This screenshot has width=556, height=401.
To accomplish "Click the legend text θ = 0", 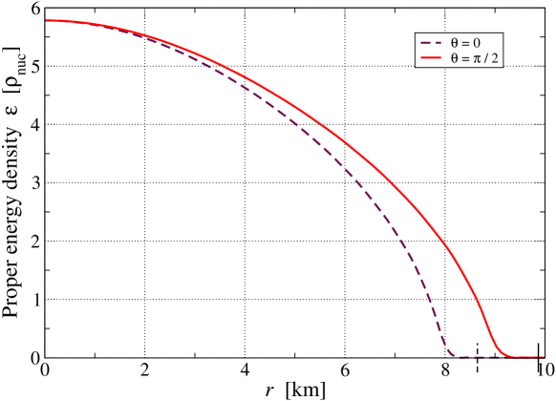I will pyautogui.click(x=465, y=44).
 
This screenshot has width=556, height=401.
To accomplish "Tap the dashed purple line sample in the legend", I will pyautogui.click(x=431, y=44).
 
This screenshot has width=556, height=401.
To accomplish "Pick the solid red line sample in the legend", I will pyautogui.click(x=431, y=59).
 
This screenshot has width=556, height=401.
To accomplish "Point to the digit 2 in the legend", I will pyautogui.click(x=496, y=59).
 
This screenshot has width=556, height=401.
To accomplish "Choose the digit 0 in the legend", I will pyautogui.click(x=476, y=44).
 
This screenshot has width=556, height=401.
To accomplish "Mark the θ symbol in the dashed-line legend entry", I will pyautogui.click(x=455, y=44).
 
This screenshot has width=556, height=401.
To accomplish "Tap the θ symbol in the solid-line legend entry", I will pyautogui.click(x=455, y=59).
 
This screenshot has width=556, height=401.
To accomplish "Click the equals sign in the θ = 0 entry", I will pyautogui.click(x=465, y=44).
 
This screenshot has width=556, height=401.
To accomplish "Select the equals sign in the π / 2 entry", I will pyautogui.click(x=465, y=59).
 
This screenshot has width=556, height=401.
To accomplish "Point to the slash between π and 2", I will pyautogui.click(x=487, y=59).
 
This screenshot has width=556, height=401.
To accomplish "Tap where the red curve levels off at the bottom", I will pyautogui.click(x=507, y=356).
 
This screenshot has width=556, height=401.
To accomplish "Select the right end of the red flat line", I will pyautogui.click(x=543, y=357).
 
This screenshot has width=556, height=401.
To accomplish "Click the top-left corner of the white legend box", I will pyautogui.click(x=415, y=34).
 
